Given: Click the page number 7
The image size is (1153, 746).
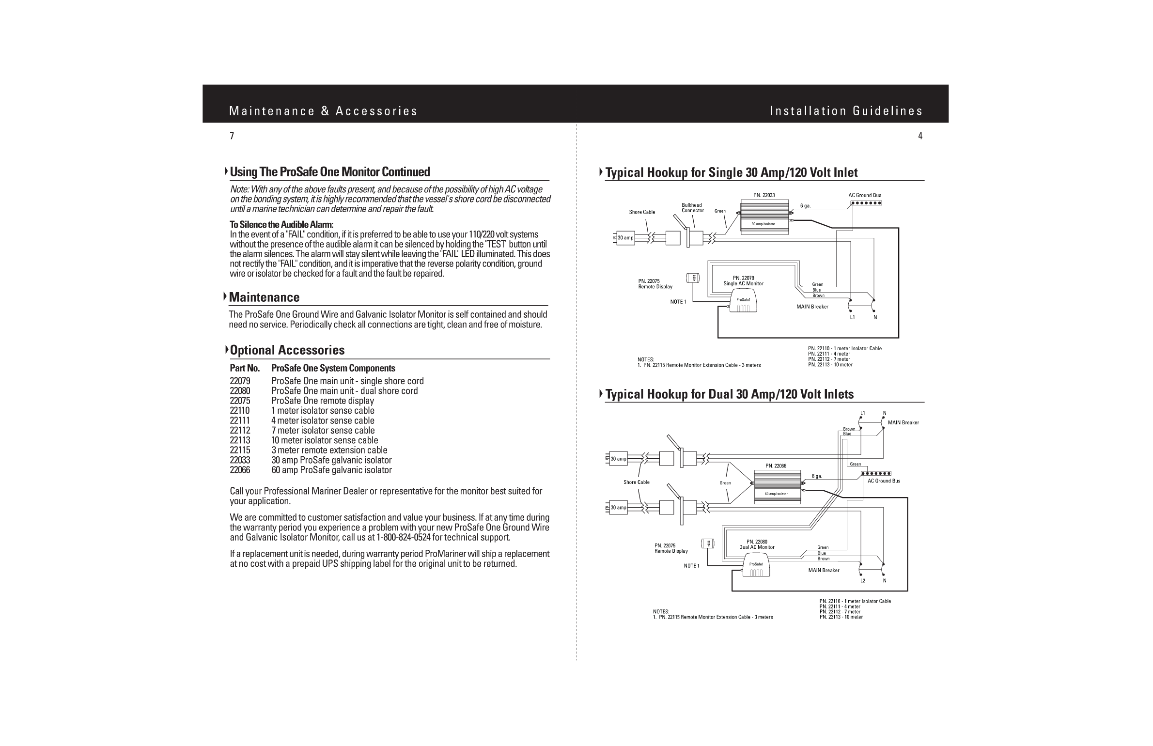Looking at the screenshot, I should coord(232,136).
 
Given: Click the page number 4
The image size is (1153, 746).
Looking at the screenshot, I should coord(920,136).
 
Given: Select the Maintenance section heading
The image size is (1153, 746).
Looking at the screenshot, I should coord(264,297).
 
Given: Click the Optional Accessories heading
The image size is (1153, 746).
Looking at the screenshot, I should coord(287,350).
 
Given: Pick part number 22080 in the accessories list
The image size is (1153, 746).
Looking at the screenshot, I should coord(240,391).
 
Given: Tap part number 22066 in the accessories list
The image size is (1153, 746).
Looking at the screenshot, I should coord(240,470).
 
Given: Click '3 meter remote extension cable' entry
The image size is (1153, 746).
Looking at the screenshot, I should coord(329,450).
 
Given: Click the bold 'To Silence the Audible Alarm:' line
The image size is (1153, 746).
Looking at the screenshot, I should coord(281,225).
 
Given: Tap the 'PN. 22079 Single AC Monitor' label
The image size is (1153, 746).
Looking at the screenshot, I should coord(743,281).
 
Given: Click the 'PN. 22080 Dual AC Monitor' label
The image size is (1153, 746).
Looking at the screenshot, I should coord(756,544).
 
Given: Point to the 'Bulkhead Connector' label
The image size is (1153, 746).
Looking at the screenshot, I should coord(692,208).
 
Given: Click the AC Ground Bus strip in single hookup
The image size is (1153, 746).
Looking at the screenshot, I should coord(866,203).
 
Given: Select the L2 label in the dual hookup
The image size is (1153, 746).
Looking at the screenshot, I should coord(862,580).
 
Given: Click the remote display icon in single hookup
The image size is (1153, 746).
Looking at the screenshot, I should coord(694,278).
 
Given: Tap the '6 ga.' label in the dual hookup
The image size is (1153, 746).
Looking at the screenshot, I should coord(817,476).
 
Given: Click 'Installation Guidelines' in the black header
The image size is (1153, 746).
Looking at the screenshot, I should coord(845,111).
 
